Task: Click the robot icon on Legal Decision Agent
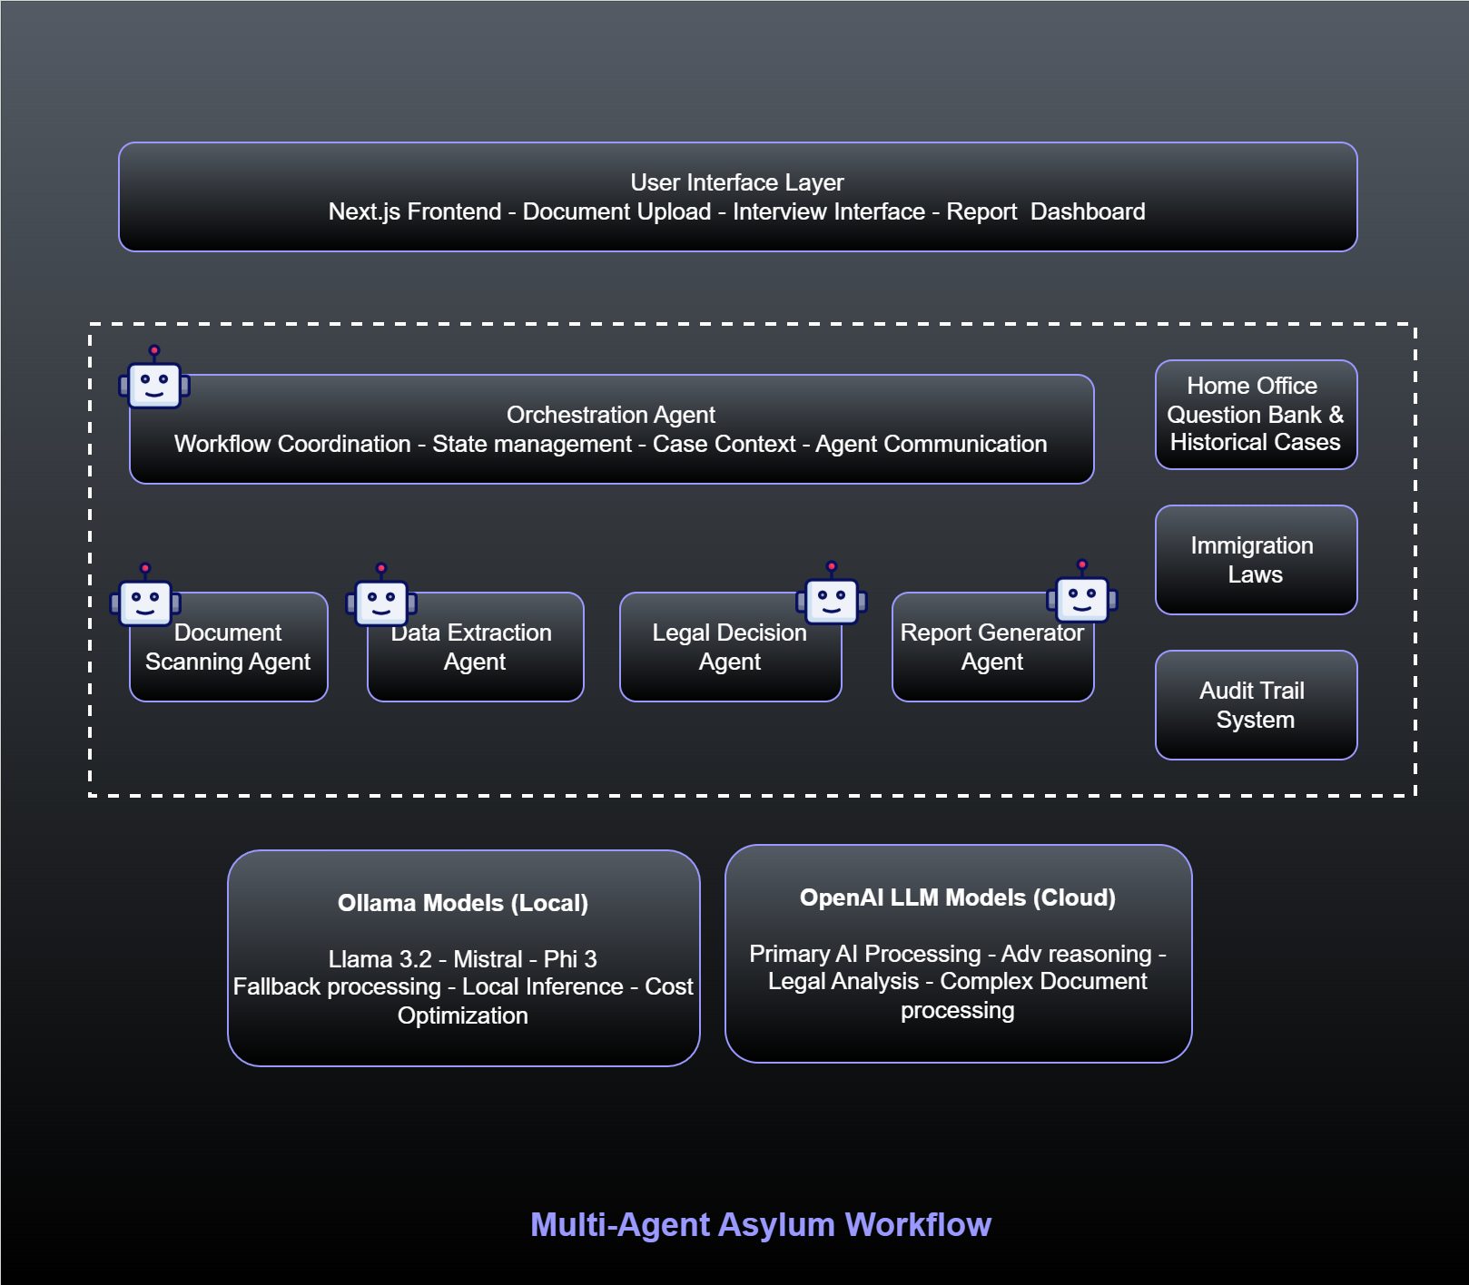pos(832,599)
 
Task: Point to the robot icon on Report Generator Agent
pos(1082,597)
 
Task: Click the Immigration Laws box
pos(1256,560)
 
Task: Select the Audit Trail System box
pos(1256,705)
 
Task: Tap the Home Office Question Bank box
pos(1256,415)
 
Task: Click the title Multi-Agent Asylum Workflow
pos(760,1224)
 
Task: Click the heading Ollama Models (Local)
pos(463,903)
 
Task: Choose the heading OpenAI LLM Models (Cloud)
pos(957,898)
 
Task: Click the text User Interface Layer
pos(737,182)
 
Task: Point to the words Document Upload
pos(616,211)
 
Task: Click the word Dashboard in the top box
pos(1088,211)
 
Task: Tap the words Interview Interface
pos(828,211)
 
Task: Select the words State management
pos(531,444)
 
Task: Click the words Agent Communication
pos(931,444)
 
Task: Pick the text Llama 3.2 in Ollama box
pos(380,959)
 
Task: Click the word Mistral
pos(488,959)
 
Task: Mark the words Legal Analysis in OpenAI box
pos(843,981)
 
